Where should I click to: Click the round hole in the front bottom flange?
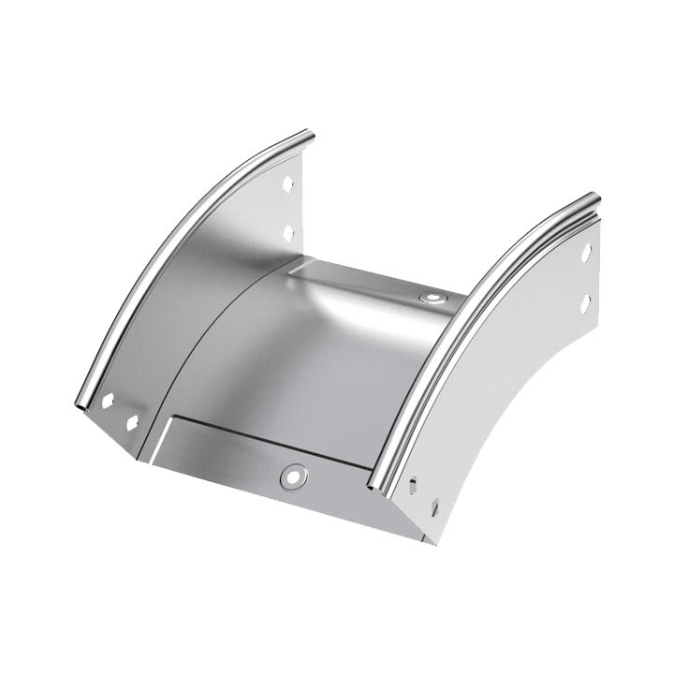click(293, 476)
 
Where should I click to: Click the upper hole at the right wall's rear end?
click(586, 253)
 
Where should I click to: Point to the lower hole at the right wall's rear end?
click(586, 301)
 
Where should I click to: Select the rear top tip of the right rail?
click(592, 199)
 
